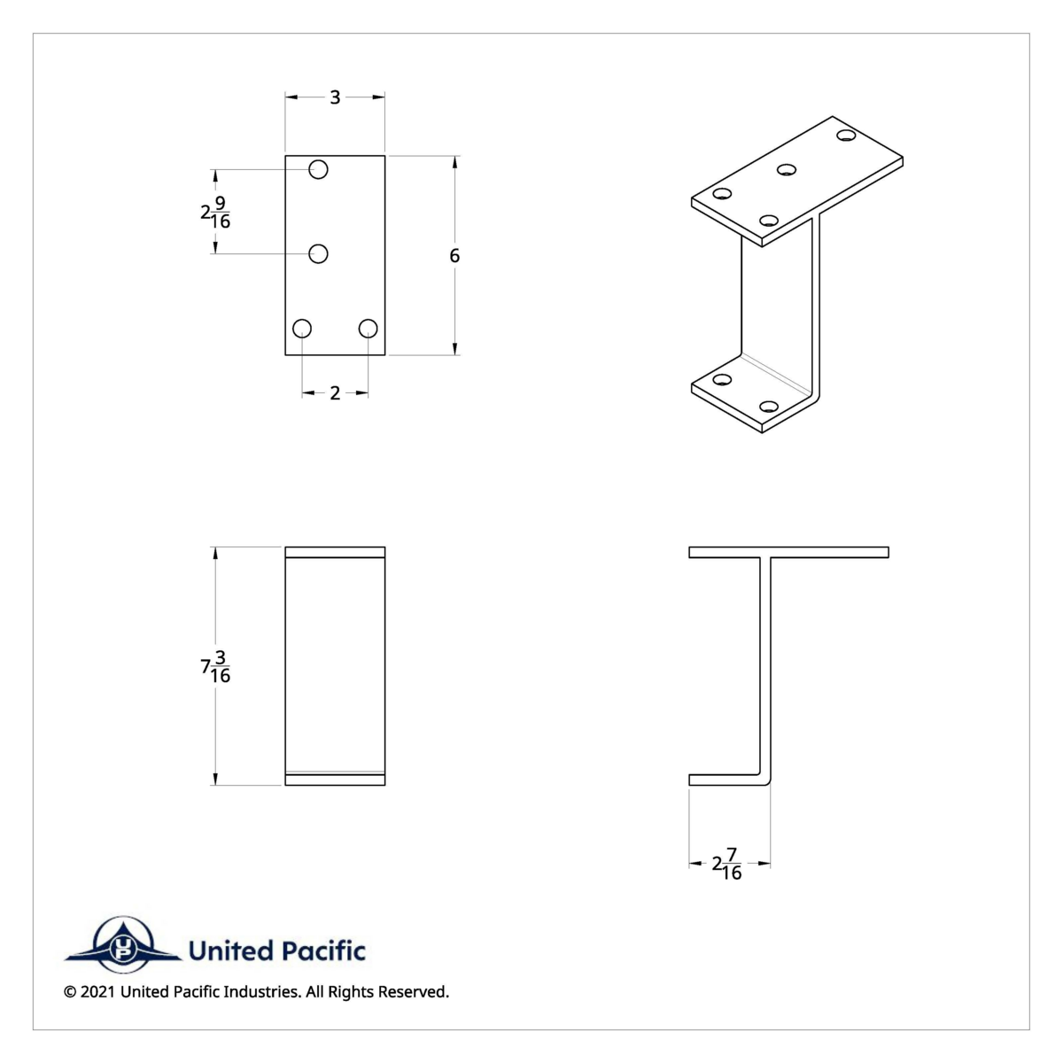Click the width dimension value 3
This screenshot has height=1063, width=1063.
point(335,97)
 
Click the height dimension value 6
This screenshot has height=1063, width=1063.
point(454,256)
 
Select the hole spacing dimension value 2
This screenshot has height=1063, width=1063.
point(335,393)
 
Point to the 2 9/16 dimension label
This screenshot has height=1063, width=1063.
point(215,213)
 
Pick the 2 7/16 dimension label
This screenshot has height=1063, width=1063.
point(727,864)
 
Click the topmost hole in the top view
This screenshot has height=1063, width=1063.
point(319,169)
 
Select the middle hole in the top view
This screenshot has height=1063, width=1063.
point(319,254)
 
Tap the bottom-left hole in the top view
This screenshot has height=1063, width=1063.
point(302,329)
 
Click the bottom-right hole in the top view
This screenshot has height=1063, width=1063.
point(369,329)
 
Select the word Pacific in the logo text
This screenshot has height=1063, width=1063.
point(323,951)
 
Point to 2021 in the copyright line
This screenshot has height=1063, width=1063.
point(97,992)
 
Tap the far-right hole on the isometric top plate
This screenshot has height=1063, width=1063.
point(846,136)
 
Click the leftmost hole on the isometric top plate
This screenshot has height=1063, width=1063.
point(723,194)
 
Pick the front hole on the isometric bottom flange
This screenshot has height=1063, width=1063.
point(769,407)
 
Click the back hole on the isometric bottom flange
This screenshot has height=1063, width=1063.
point(723,380)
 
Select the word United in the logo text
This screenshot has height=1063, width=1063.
point(230,951)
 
